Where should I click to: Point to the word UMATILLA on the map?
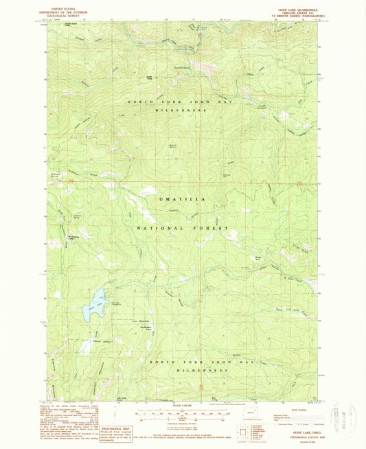[181, 198]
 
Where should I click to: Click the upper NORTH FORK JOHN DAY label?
[181, 102]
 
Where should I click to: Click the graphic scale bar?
[181, 414]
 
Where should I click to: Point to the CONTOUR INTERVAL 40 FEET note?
[181, 425]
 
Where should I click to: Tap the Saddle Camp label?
[148, 77]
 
